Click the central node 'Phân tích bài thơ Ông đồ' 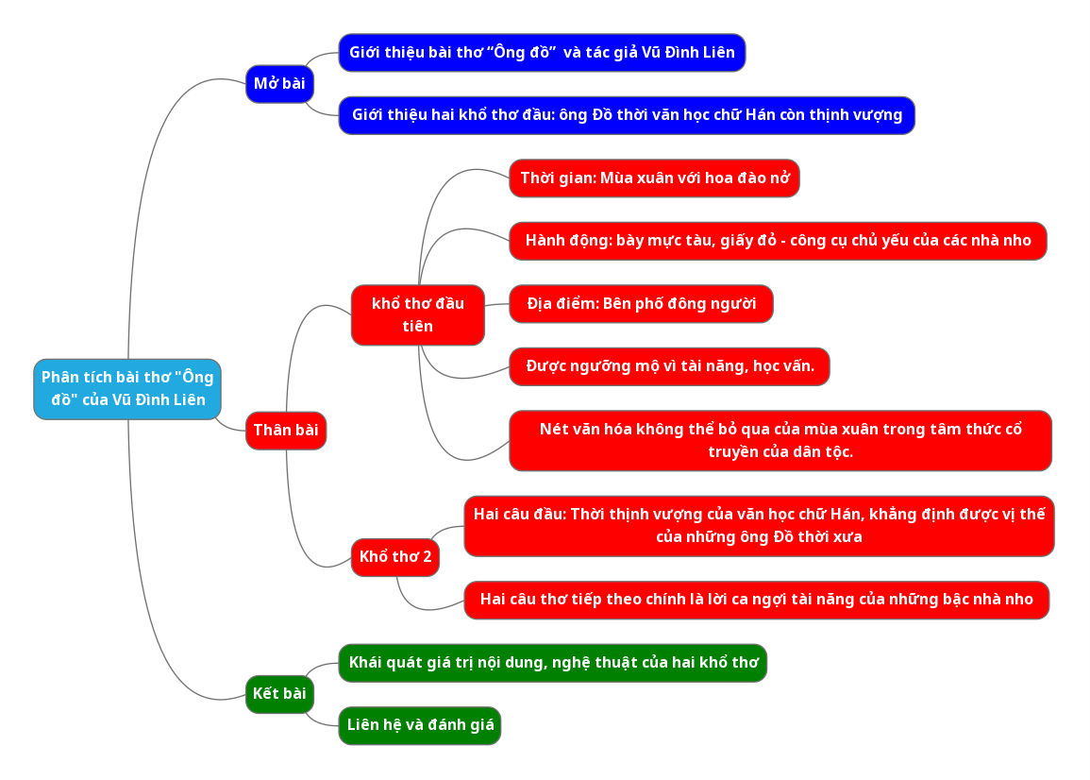(127, 389)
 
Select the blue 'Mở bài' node (279, 84)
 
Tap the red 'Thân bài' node (285, 431)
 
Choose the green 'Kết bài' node (279, 694)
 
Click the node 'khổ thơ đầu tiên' (417, 315)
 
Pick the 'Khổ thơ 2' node (395, 557)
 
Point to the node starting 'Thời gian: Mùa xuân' (654, 178)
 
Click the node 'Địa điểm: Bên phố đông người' (641, 304)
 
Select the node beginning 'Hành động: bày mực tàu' (778, 241)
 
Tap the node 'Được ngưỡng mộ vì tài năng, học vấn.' (669, 366)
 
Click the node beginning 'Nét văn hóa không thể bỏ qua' (780, 440)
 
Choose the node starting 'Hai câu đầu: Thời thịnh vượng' (759, 526)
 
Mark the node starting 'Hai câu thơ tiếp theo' (756, 600)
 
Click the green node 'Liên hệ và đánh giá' (420, 725)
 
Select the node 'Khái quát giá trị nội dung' (552, 663)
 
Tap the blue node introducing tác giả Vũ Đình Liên (542, 53)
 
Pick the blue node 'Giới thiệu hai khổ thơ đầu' (627, 115)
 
